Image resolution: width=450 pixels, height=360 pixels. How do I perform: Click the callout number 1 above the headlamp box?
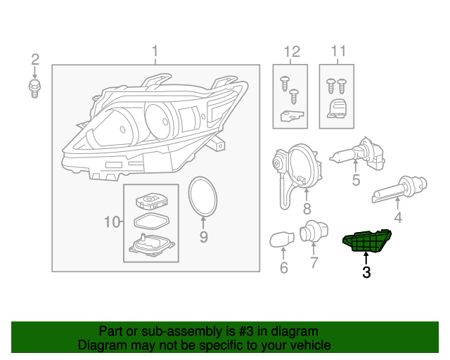(155, 51)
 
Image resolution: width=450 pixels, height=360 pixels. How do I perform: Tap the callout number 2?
(34, 59)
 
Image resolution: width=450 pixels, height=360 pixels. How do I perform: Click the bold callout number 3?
(366, 273)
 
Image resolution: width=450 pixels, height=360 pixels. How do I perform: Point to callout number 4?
(398, 218)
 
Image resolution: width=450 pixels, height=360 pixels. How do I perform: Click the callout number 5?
(356, 180)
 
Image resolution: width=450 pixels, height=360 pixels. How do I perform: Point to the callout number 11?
(338, 51)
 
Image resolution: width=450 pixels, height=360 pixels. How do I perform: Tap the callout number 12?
(291, 51)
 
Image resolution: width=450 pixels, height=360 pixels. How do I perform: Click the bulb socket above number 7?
(311, 233)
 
